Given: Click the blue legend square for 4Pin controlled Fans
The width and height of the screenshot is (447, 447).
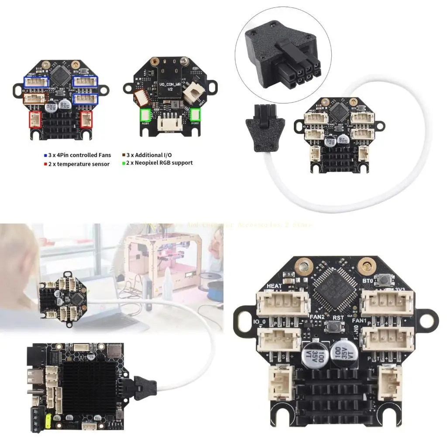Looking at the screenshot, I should (45, 155).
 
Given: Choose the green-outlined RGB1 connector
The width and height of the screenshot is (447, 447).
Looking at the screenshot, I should (145, 115).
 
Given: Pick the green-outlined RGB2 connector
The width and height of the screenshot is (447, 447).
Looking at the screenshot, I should (196, 115).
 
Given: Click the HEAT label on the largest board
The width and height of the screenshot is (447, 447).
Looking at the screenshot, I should (274, 286).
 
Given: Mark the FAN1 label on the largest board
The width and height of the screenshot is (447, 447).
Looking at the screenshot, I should (359, 319).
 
